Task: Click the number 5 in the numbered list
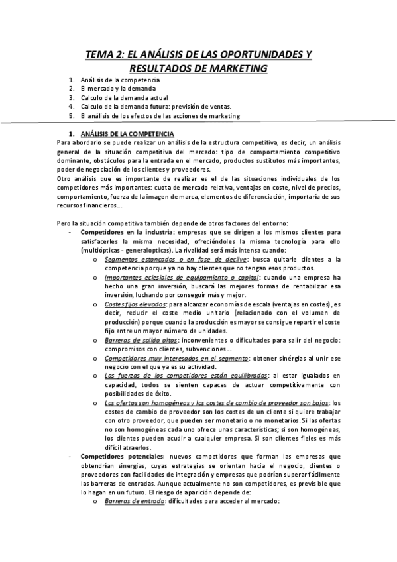coord(70,115)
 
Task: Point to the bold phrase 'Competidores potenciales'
coord(119,456)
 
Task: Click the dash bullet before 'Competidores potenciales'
coord(70,456)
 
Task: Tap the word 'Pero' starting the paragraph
coord(65,222)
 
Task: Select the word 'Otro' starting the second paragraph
coord(65,178)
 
